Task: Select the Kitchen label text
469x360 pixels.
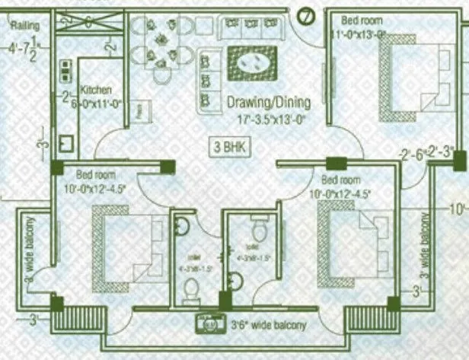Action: pos(96,89)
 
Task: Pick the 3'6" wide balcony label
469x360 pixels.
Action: pos(268,326)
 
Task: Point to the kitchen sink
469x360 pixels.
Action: pos(65,143)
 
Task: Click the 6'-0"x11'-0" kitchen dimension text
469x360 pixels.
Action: pos(97,107)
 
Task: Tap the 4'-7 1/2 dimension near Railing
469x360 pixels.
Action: pos(23,50)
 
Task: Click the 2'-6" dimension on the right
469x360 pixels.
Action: pos(412,155)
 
